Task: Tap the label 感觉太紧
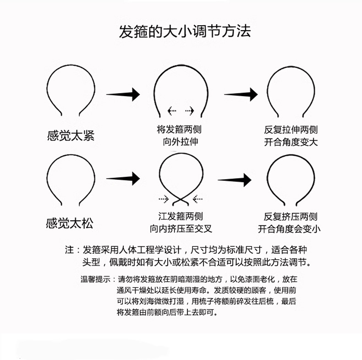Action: [x=71, y=136]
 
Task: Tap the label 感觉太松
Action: [x=70, y=224]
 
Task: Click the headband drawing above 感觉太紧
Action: [x=71, y=91]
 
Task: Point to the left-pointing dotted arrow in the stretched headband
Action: [x=172, y=110]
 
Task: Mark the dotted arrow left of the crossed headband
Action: [x=164, y=199]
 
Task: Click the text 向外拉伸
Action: [x=181, y=142]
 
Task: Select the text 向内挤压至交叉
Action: [x=181, y=228]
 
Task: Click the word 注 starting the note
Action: [x=70, y=250]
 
